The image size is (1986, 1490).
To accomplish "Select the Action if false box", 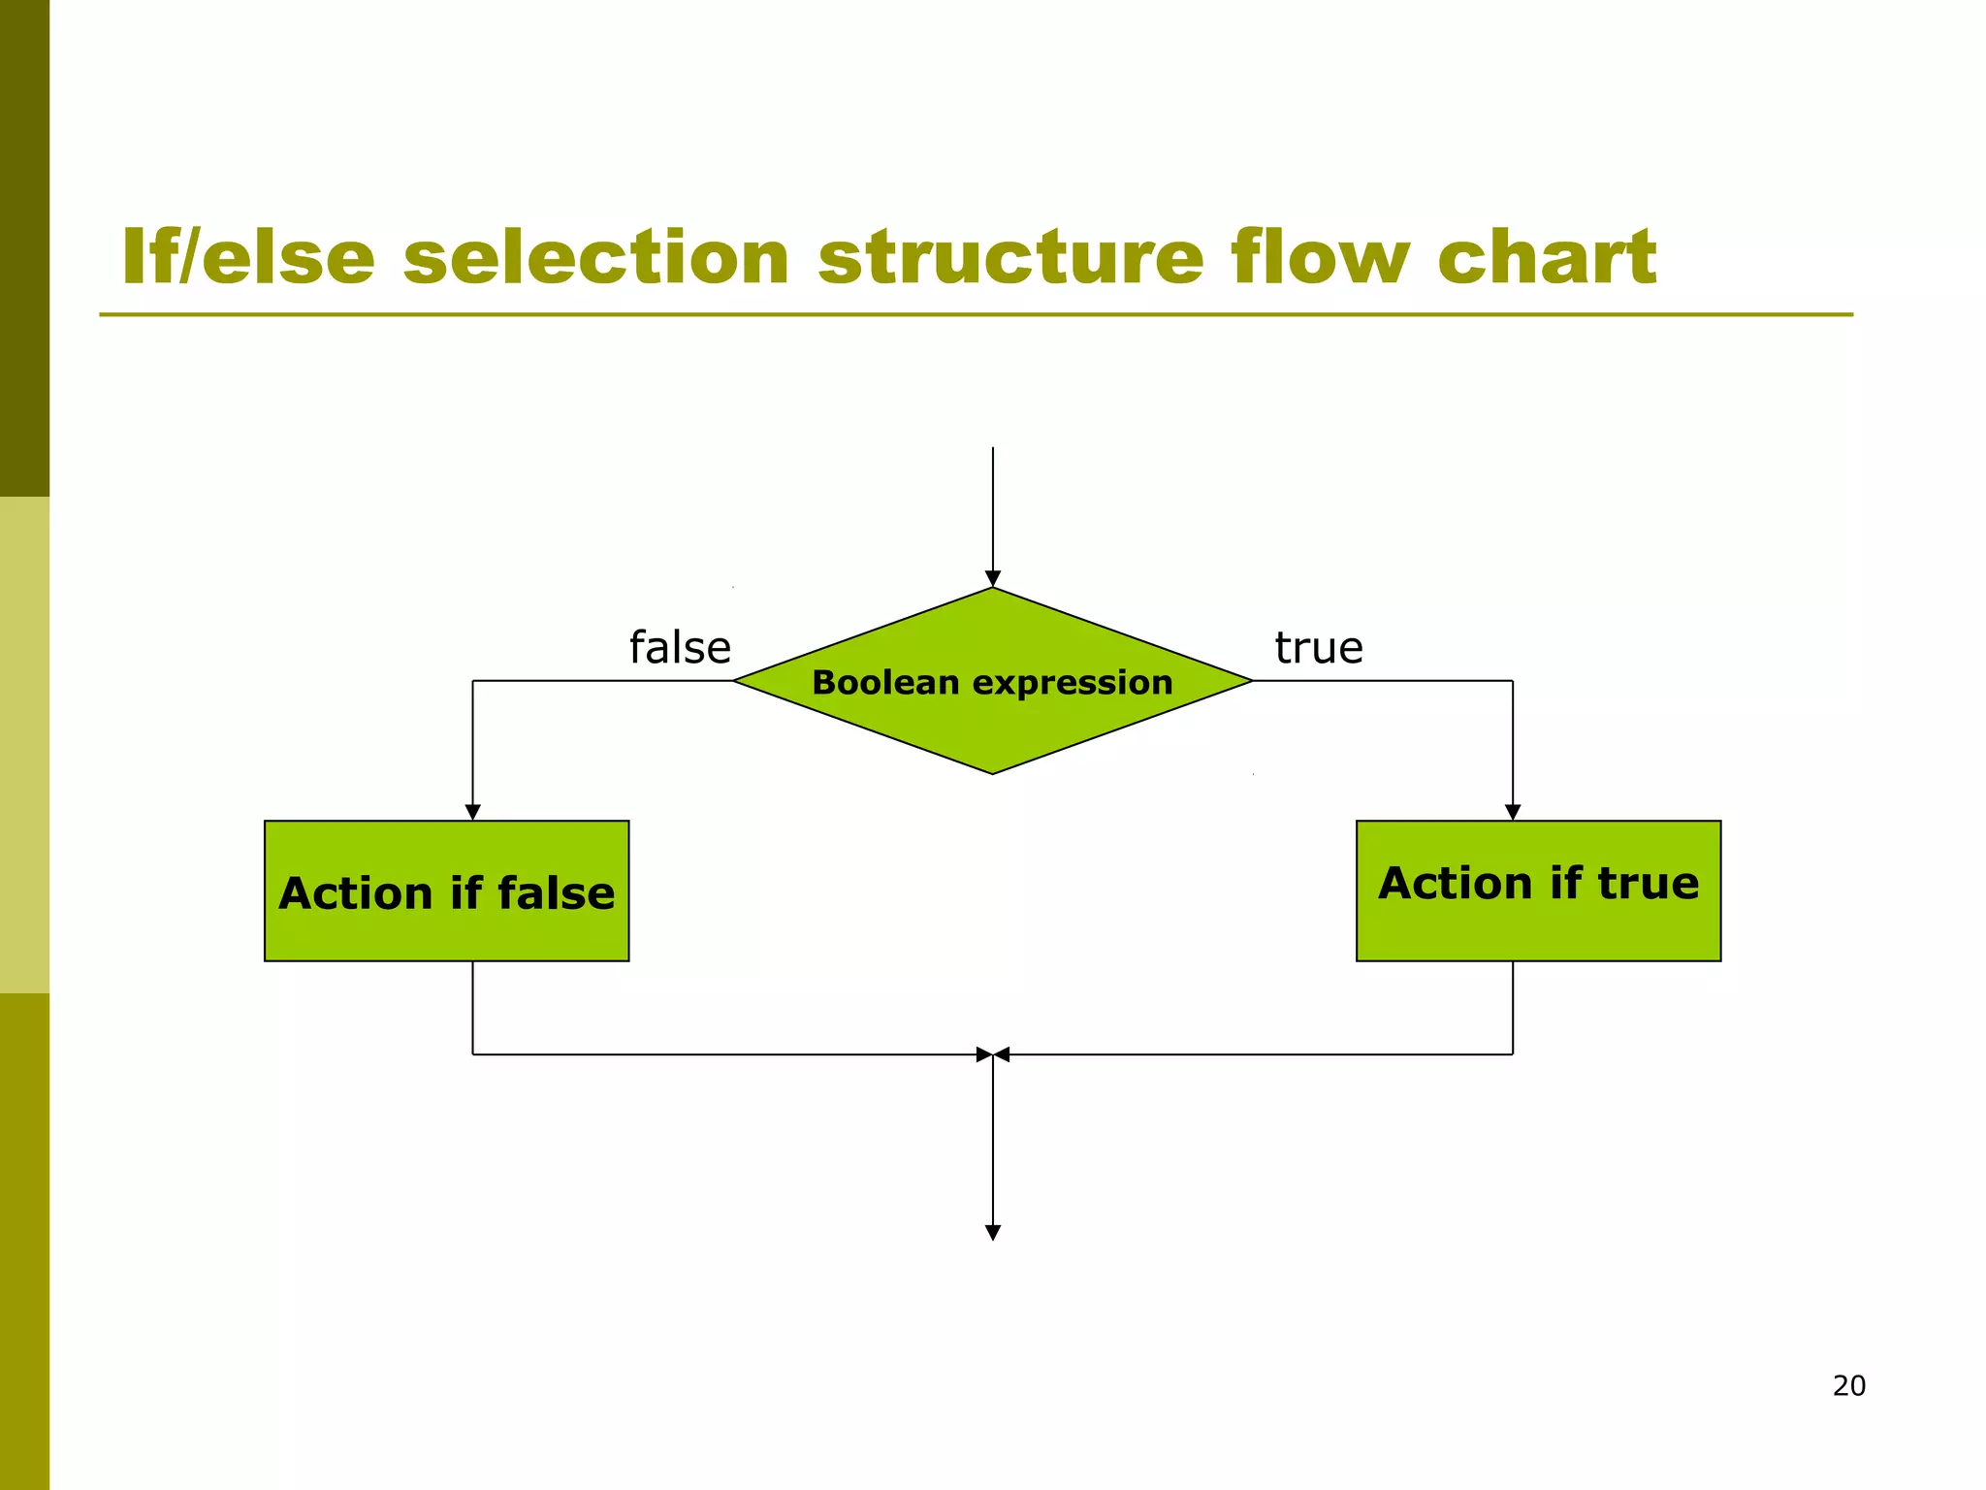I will (446, 891).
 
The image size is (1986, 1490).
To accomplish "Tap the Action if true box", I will (1538, 891).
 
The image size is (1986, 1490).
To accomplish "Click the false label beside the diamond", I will (680, 647).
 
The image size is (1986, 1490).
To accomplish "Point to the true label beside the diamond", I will (1318, 647).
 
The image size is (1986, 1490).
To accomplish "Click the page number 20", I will (1848, 1385).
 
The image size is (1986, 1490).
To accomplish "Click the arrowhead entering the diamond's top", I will (992, 579).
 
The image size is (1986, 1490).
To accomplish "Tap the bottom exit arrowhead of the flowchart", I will (992, 1233).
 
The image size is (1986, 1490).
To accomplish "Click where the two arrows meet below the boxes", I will (993, 1054).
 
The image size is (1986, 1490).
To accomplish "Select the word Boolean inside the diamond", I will (885, 682).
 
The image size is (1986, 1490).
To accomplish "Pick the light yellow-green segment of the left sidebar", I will (24, 744).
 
